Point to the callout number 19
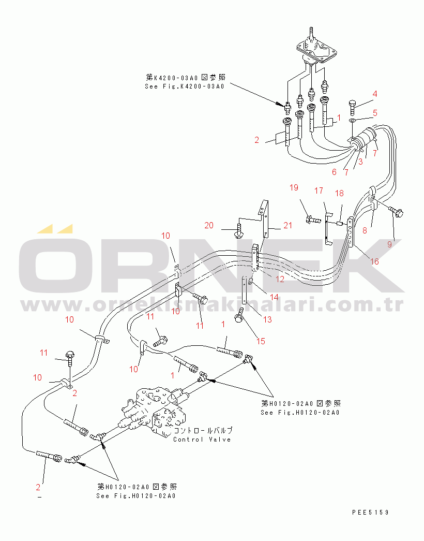tap(294, 187)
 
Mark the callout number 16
tap(374, 261)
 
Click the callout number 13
tap(267, 320)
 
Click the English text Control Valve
tap(202, 439)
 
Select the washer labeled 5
tap(352, 120)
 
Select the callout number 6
tap(334, 171)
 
